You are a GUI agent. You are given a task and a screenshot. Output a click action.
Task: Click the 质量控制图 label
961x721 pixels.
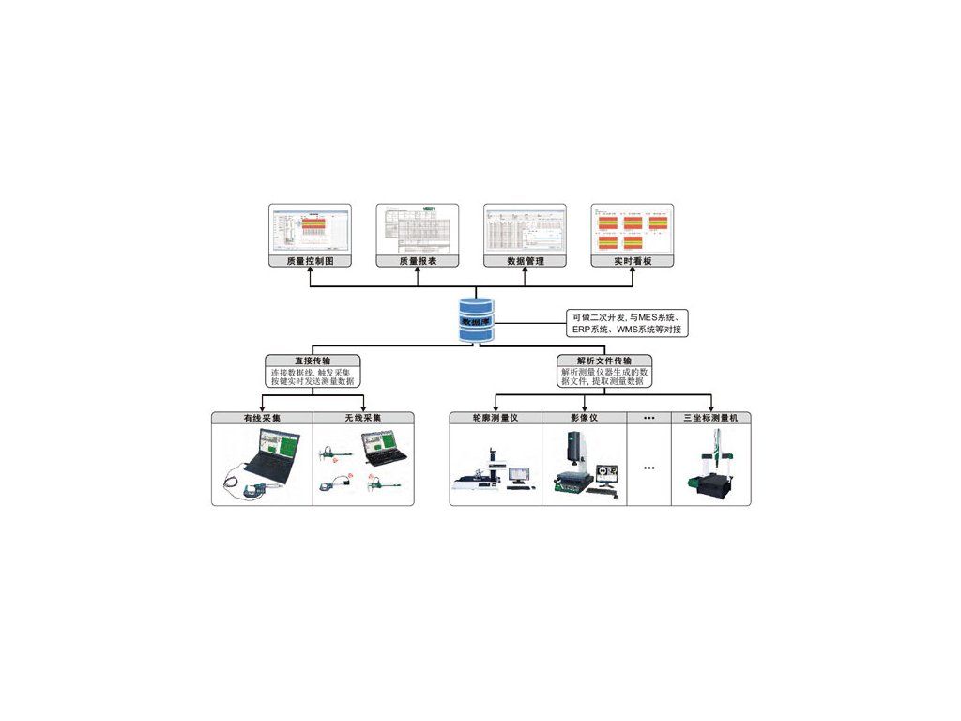pos(310,261)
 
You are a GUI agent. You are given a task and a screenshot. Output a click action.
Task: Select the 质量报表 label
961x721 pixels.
pos(418,261)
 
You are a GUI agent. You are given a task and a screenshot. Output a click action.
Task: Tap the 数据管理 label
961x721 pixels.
pos(525,261)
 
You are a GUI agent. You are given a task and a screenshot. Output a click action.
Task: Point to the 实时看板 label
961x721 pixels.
pos(632,261)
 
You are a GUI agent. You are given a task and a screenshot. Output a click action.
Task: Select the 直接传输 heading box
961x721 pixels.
pos(313,360)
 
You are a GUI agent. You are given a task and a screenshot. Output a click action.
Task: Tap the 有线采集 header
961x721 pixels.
pos(262,418)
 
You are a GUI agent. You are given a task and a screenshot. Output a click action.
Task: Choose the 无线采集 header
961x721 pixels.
pos(363,418)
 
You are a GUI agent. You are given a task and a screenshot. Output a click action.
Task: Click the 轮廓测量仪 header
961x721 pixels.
pos(496,418)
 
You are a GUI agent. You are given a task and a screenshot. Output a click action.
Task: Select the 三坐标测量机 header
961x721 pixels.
pos(709,418)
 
